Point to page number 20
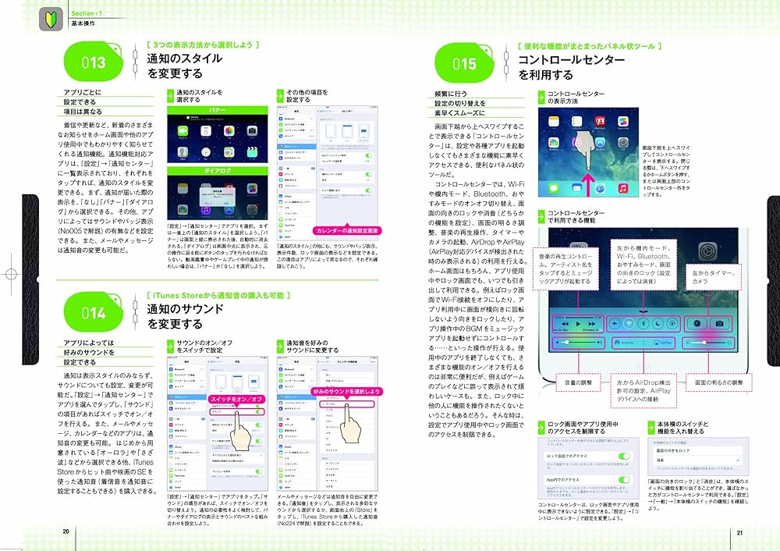66,531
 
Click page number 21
739,531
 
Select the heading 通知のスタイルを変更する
184,66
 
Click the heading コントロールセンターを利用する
571,67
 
